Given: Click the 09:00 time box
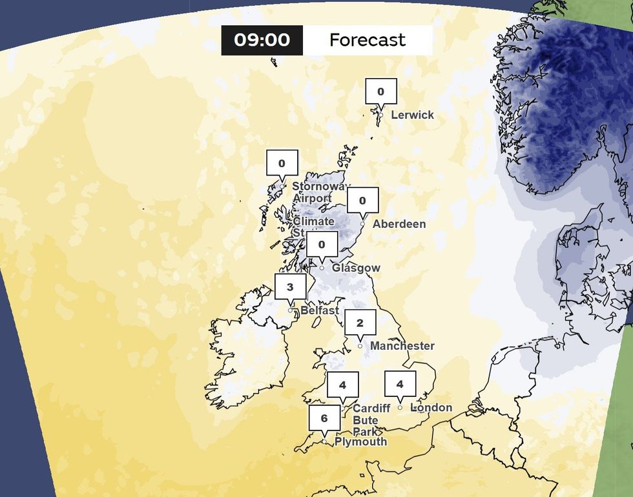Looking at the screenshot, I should pyautogui.click(x=262, y=40).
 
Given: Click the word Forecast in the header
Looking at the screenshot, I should pyautogui.click(x=367, y=40).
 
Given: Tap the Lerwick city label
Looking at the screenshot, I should pyautogui.click(x=413, y=115).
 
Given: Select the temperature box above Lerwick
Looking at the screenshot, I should pyautogui.click(x=381, y=91).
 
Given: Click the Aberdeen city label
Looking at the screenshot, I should pyautogui.click(x=399, y=224).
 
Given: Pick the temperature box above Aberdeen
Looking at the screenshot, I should pyautogui.click(x=362, y=200).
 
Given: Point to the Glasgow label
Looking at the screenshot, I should pyautogui.click(x=356, y=268).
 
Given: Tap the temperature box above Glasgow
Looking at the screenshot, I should pyautogui.click(x=321, y=244).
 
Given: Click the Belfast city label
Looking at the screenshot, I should pyautogui.click(x=320, y=310).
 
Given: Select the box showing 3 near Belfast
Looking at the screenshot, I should pyautogui.click(x=290, y=287).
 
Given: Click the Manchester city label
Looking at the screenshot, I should pyautogui.click(x=402, y=346).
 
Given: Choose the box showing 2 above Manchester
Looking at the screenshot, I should pyautogui.click(x=360, y=323).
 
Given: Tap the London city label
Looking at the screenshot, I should pyautogui.click(x=431, y=408).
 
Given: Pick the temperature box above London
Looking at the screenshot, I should pyautogui.click(x=400, y=384).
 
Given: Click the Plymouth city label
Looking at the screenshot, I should pyautogui.click(x=360, y=441).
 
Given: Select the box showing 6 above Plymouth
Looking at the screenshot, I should pyautogui.click(x=324, y=418).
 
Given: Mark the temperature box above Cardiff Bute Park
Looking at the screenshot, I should pyautogui.click(x=342, y=385).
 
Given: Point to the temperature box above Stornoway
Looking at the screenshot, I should pyautogui.click(x=282, y=163).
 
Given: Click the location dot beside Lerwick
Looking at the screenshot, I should pyautogui.click(x=381, y=115).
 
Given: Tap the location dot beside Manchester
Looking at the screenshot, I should pyautogui.click(x=360, y=347).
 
